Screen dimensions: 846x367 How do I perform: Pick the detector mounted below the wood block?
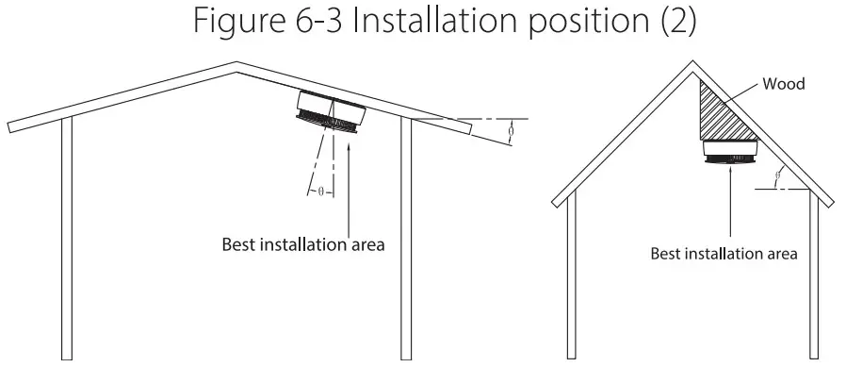pos(731,151)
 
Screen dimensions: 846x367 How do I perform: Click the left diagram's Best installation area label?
pos(302,243)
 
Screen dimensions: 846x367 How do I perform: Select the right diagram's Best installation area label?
pos(724,253)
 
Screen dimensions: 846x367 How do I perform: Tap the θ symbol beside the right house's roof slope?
pos(778,175)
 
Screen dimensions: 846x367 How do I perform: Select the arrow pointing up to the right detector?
pos(731,203)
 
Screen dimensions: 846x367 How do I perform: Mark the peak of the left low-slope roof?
pos(236,66)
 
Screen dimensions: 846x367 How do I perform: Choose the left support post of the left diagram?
pos(66,236)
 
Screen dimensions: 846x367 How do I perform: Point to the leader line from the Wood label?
pos(746,94)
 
